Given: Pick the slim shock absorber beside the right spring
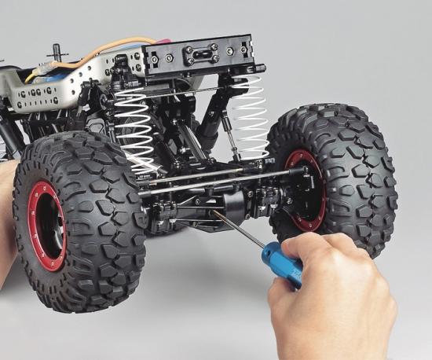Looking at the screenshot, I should pyautogui.click(x=228, y=134).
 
